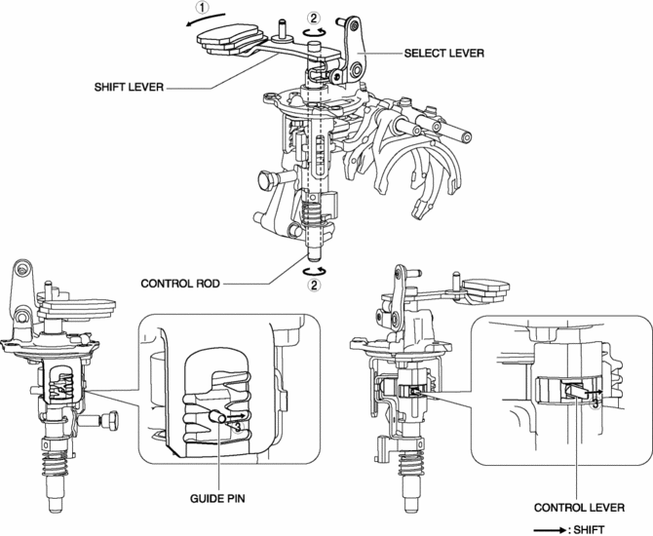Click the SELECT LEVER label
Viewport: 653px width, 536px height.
coord(443,55)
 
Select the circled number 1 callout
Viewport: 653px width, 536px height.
coord(201,9)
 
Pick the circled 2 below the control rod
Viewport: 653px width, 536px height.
coord(314,285)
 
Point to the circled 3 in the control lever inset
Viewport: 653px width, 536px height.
coord(595,402)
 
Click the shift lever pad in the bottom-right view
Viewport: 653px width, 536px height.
coord(484,288)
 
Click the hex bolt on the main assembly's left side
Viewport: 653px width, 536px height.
coord(263,180)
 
